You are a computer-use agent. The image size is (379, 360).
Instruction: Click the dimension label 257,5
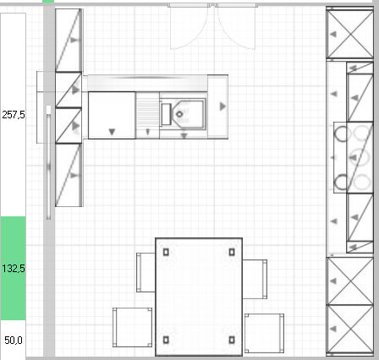[x=14, y=115]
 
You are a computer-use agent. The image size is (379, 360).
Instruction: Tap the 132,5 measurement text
[x=14, y=269]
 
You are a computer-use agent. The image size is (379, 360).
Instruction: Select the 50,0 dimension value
[x=14, y=341]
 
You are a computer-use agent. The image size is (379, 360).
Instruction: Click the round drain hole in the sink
[x=179, y=114]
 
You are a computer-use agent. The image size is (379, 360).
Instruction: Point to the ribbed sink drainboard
[x=147, y=115]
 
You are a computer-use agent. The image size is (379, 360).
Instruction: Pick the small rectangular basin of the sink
[x=166, y=114]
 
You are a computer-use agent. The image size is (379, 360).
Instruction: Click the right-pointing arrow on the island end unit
[x=222, y=106]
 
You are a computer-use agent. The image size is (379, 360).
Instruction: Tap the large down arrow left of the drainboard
[x=112, y=132]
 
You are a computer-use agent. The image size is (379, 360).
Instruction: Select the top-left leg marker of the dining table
[x=166, y=252]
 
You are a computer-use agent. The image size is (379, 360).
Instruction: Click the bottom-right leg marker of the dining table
[x=232, y=340]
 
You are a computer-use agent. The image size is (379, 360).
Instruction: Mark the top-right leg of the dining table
[x=232, y=252]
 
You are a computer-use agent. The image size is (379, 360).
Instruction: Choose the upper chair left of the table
[x=146, y=272]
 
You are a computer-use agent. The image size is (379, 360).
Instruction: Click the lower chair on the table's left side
[x=132, y=327]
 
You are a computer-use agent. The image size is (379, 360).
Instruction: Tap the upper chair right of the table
[x=255, y=279]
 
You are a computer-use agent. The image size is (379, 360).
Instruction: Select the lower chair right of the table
[x=264, y=333]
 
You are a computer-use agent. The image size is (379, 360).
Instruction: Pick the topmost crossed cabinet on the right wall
[x=349, y=34]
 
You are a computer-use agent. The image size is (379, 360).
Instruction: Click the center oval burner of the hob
[x=359, y=157]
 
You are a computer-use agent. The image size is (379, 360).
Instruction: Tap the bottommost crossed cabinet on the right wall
[x=349, y=329]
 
